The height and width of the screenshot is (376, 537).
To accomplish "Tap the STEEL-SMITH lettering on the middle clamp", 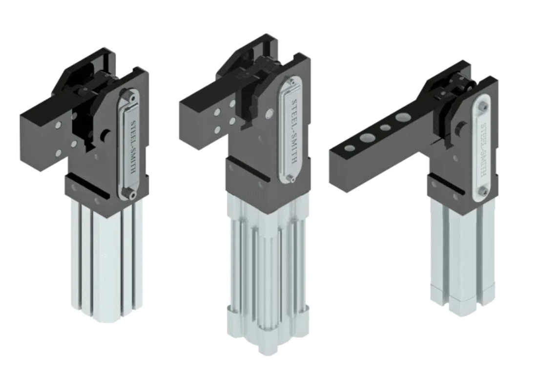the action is click(x=295, y=131).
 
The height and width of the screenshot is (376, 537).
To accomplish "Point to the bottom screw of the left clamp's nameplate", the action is click(x=131, y=195).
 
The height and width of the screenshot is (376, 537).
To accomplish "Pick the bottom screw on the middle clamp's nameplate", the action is click(x=291, y=179).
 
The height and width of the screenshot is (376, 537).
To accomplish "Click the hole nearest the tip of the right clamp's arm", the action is click(x=350, y=148).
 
